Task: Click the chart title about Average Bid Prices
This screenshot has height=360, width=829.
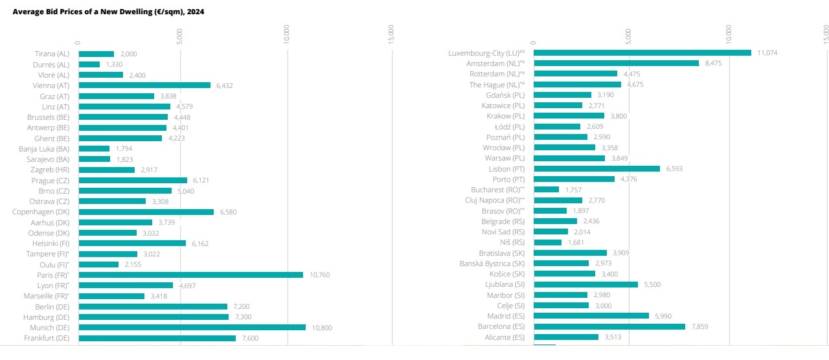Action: tap(109, 12)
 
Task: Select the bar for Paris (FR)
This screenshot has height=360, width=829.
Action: tap(190, 275)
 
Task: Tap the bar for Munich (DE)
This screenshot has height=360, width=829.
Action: tap(192, 328)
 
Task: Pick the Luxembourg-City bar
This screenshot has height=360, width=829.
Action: tap(642, 53)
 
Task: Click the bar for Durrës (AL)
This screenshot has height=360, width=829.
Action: tap(89, 65)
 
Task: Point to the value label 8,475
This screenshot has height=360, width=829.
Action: tap(713, 63)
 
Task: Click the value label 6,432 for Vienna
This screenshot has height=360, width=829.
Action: tap(224, 85)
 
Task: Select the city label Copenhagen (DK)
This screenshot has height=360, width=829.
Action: tap(41, 212)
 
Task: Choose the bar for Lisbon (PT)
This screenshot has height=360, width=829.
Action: tap(596, 169)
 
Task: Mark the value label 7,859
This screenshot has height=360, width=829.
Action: tap(699, 327)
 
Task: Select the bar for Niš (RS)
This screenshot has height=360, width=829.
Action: tap(547, 242)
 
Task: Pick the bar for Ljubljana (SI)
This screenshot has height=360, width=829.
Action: tap(585, 284)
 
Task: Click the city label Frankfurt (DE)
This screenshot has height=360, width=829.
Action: tap(47, 338)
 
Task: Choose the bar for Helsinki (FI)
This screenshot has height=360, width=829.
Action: tap(132, 243)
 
